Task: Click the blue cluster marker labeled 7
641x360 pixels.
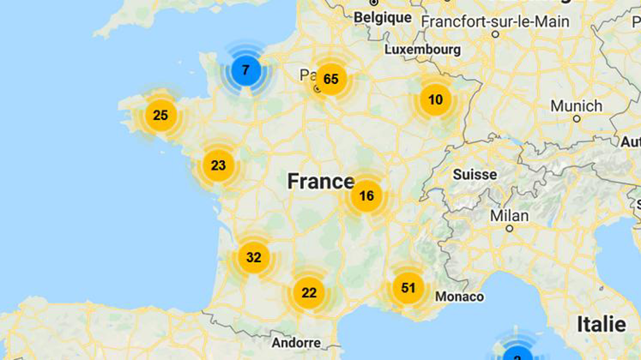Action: coord(245,71)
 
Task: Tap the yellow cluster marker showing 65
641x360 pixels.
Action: coord(331,79)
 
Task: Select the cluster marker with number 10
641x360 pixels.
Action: coord(435,100)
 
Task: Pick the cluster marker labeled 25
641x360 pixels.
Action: coord(160,115)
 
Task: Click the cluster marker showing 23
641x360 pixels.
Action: coord(218,166)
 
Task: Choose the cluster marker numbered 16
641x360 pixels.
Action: coord(366,196)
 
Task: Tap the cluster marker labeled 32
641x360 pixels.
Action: coord(254,258)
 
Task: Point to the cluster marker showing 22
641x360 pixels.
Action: coord(309,293)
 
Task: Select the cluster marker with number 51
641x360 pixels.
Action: coord(408,288)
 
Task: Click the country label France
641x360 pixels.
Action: coord(320,181)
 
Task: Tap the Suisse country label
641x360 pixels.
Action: coord(475,174)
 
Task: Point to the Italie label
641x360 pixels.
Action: coord(601,324)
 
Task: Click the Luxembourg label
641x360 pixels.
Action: coord(422,49)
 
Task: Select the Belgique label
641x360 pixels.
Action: coord(383,18)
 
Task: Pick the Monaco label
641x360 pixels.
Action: coord(460,297)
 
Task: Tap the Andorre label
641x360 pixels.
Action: coord(296,343)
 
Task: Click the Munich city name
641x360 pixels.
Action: coord(576,106)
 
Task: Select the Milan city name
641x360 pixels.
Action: coord(510,216)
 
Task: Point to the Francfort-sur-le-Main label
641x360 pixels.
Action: coord(495,22)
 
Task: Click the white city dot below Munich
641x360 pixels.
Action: coord(576,119)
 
